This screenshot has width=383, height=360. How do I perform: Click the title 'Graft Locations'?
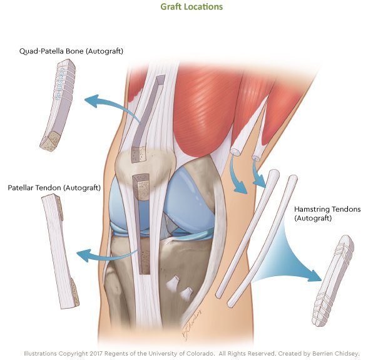pos(191,7)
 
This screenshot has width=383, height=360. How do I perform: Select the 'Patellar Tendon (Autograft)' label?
pos(54,187)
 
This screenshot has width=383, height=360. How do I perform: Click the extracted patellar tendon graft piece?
pos(59,250)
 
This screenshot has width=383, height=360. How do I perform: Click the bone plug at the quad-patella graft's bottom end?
pos(49,141)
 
